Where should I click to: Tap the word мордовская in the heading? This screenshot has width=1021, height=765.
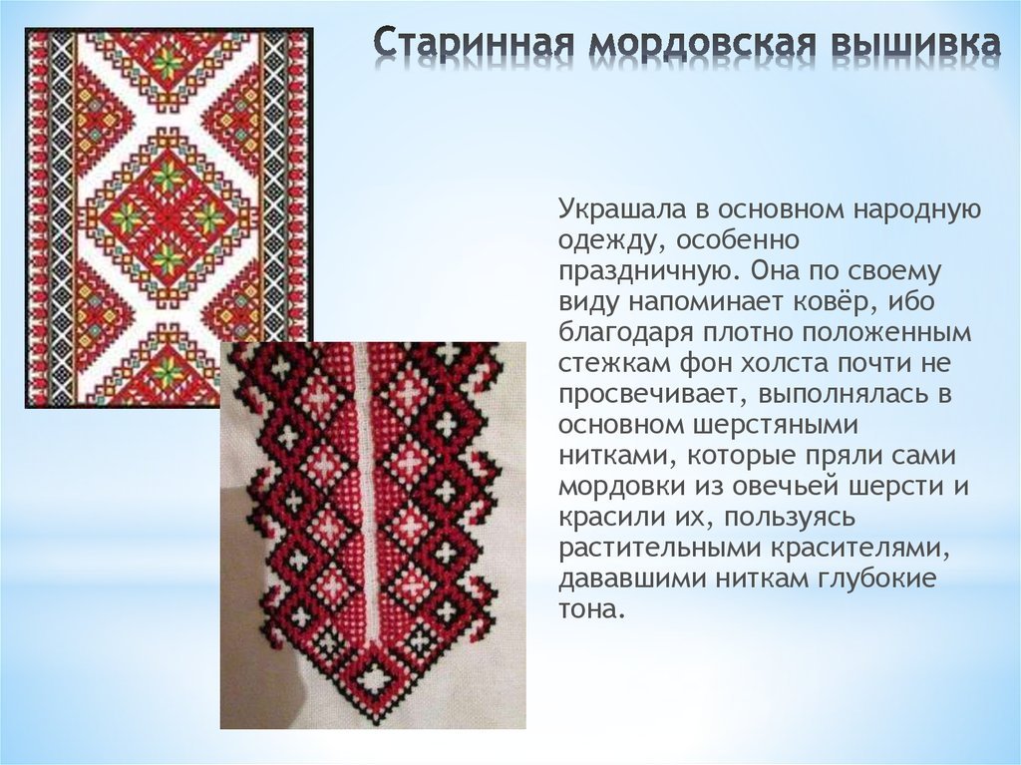[x=689, y=45]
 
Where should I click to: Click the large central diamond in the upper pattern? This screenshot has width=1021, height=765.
[x=168, y=208]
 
